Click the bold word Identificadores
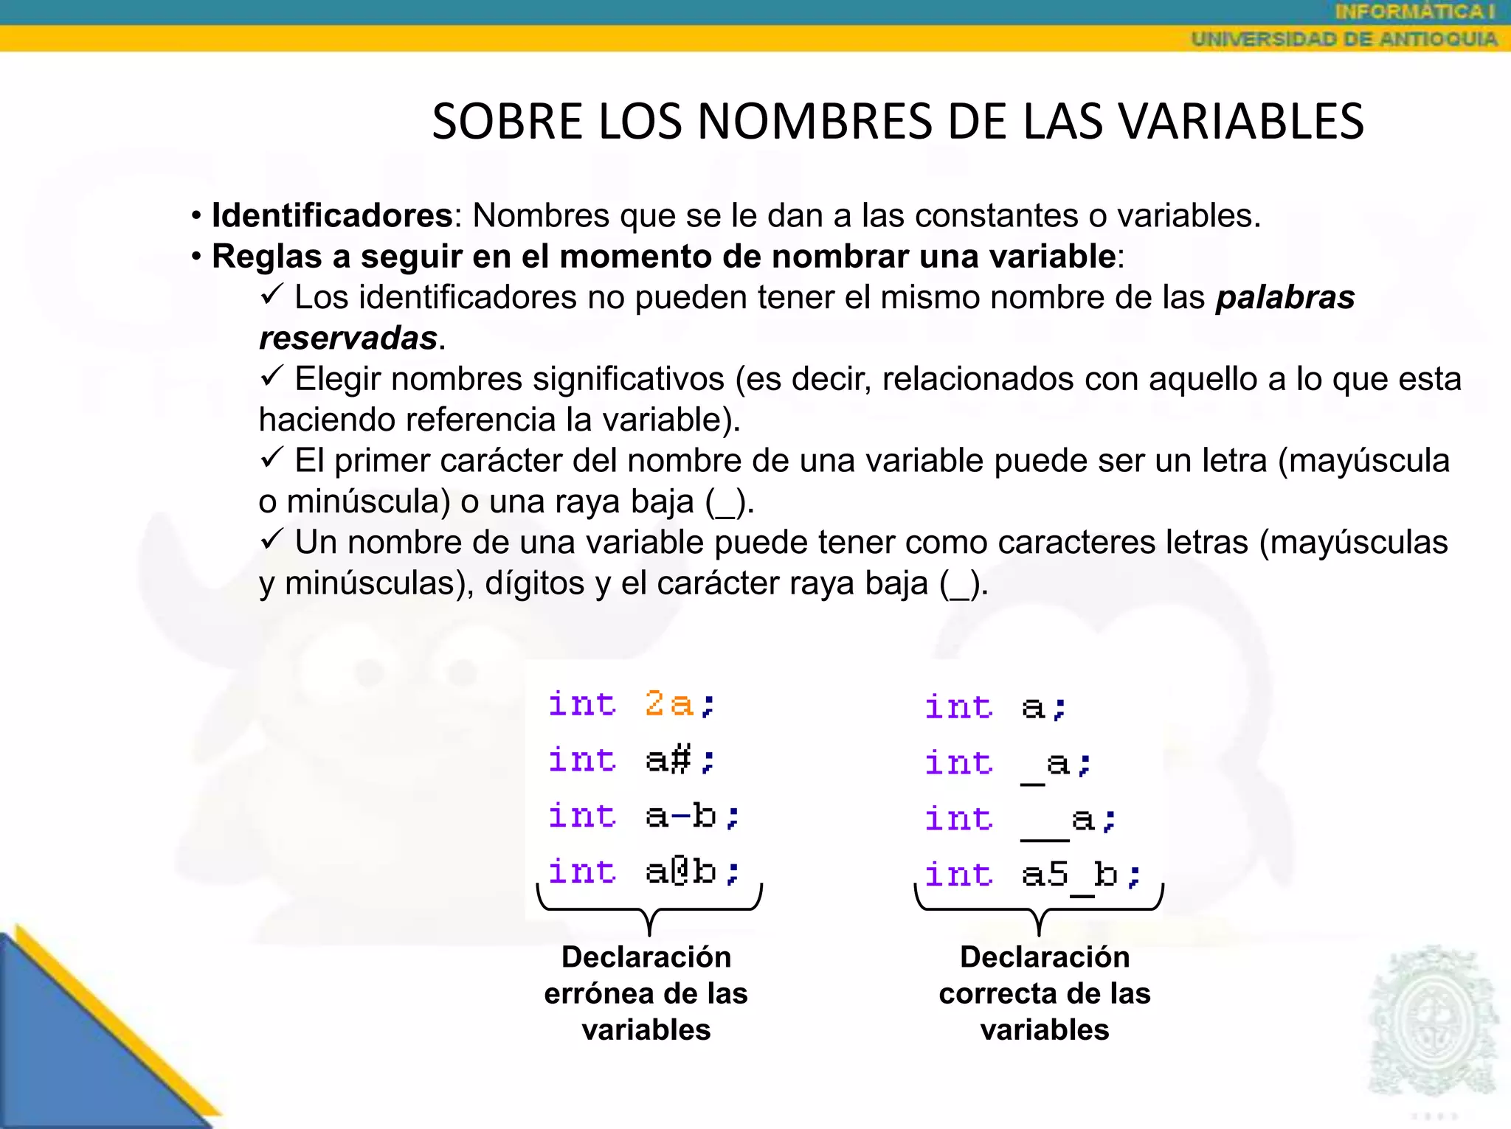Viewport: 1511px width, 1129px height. pos(332,215)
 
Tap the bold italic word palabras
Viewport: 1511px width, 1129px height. pos(1285,297)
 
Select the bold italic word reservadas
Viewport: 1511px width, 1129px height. pos(348,338)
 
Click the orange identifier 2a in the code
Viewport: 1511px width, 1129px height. pos(668,703)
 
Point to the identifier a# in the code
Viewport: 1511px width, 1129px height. pos(668,760)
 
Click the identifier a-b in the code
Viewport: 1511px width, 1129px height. pos(680,816)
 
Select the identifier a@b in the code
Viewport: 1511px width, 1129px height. pos(680,872)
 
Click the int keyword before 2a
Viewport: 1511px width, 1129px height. pos(582,704)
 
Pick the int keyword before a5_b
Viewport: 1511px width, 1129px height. pos(958,875)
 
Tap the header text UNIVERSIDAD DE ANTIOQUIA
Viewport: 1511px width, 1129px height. pos(1344,39)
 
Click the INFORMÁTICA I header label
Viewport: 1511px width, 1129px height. pos(1414,12)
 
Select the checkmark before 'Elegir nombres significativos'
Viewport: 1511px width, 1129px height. pos(272,377)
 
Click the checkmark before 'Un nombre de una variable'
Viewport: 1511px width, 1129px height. pos(272,540)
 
